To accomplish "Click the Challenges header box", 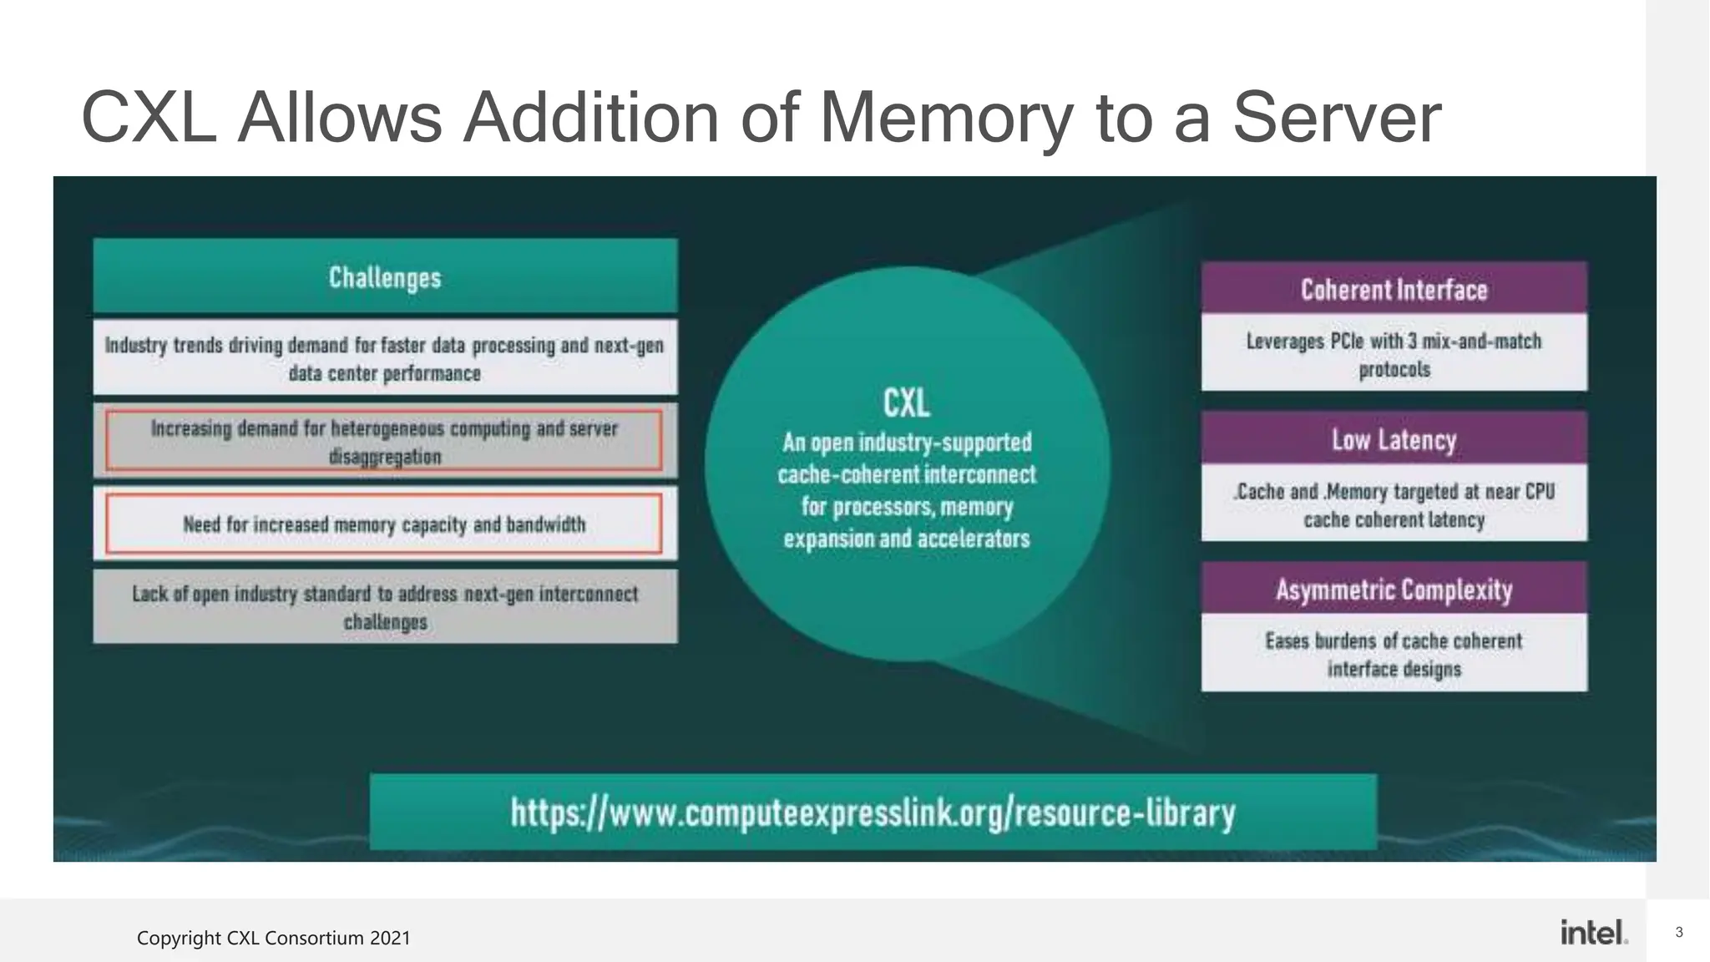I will point(385,276).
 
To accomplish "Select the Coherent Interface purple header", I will point(1394,289).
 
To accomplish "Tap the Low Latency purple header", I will point(1394,438).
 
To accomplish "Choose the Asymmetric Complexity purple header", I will point(1394,589).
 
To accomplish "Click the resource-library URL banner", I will point(873,812).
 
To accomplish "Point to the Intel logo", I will point(1593,932).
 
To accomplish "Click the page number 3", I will point(1679,932).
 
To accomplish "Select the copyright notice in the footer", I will point(274,938).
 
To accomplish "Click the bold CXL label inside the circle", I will point(907,403).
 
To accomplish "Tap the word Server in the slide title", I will point(1337,118).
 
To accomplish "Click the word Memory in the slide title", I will point(947,118).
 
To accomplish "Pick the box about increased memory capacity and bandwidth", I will point(384,524).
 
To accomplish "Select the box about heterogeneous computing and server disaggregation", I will point(384,441).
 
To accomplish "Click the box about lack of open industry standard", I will point(385,607).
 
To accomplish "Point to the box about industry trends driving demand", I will point(385,357).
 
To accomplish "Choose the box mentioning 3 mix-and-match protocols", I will point(1394,354).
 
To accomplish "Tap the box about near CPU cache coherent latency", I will point(1394,504).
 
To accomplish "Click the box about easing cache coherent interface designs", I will point(1394,654).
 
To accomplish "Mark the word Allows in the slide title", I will point(339,118).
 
